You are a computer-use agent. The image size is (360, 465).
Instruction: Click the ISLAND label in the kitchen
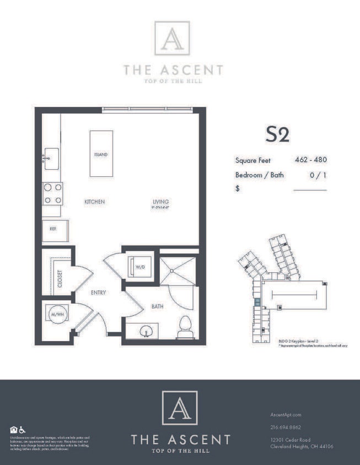click(x=101, y=155)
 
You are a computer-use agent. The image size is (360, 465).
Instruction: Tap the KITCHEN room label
click(x=94, y=202)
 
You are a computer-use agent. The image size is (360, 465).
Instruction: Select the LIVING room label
click(x=161, y=202)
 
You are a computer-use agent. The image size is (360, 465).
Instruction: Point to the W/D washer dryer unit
click(x=139, y=267)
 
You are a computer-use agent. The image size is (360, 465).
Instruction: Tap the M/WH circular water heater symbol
click(x=56, y=315)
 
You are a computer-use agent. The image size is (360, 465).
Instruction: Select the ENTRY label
click(x=98, y=293)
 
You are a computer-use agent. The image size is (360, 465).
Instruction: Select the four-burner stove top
click(x=52, y=194)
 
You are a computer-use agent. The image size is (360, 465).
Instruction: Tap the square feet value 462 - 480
click(x=311, y=160)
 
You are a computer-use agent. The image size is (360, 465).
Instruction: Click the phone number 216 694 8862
click(x=286, y=427)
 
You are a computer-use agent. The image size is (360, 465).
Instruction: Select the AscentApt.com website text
click(x=286, y=414)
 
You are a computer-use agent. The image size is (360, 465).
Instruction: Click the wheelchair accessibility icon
click(x=23, y=430)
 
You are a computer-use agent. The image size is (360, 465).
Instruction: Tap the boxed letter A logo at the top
click(x=171, y=38)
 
